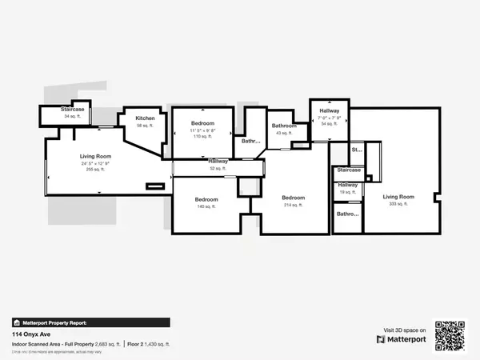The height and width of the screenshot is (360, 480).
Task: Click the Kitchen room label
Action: [x=145, y=118]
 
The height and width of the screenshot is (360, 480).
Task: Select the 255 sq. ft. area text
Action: [x=94, y=170]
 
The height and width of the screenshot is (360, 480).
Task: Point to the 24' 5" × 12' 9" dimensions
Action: [x=94, y=164]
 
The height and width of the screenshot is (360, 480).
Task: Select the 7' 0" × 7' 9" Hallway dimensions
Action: [x=330, y=118]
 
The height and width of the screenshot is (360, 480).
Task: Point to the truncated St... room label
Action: [x=356, y=150]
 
